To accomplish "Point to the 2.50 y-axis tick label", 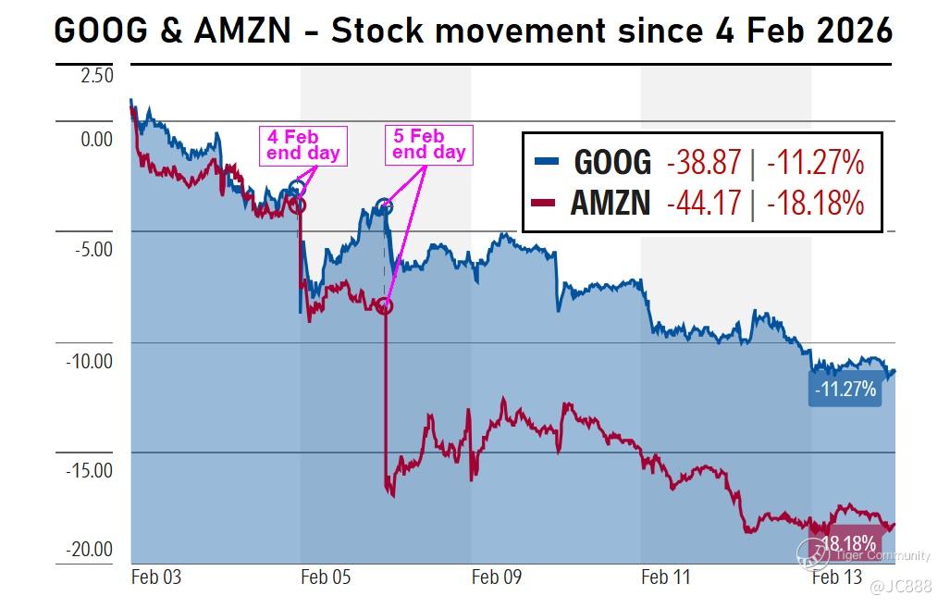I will pos(96,75).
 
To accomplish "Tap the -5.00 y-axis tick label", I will pos(90,249).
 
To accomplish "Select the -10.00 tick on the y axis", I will pos(89,360).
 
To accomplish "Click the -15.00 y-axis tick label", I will pos(89,470).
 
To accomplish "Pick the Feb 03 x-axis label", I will pos(156,577).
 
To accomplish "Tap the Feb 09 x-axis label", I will pos(497,577).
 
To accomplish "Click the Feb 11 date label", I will pos(666,577).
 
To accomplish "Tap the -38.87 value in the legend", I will pos(704,162).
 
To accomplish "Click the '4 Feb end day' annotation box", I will pos(303,145).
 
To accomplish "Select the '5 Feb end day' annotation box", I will pos(428,144).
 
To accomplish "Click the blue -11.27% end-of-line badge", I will pos(844,390).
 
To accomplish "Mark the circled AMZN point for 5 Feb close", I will pos(384,305).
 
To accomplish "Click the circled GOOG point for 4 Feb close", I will pos(297,189).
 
